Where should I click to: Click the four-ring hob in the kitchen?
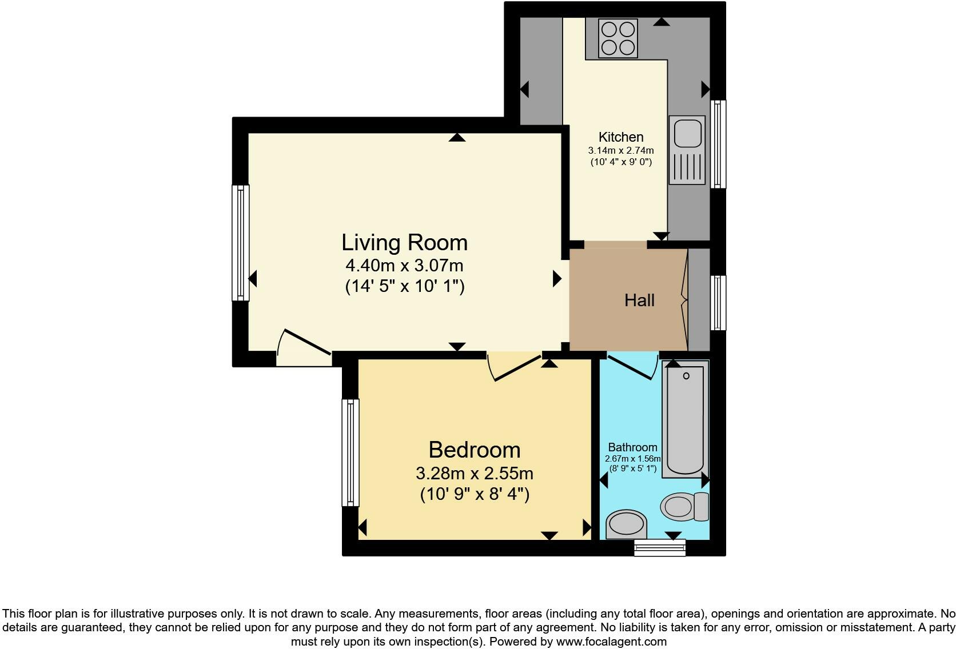point(618,38)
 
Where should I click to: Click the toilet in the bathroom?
point(684,506)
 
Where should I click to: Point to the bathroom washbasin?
point(626,524)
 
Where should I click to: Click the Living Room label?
point(404,242)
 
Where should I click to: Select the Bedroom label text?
point(474,450)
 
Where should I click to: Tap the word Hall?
point(639,301)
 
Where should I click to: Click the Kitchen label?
point(621,137)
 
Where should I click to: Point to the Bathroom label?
point(632,447)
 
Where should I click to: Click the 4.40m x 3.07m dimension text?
point(404,266)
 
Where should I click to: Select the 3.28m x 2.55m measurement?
point(474,474)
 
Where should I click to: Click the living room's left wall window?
point(241,242)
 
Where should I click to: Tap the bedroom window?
point(350,452)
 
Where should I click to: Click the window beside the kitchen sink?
point(718,144)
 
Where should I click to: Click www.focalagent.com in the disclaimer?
point(611,642)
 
